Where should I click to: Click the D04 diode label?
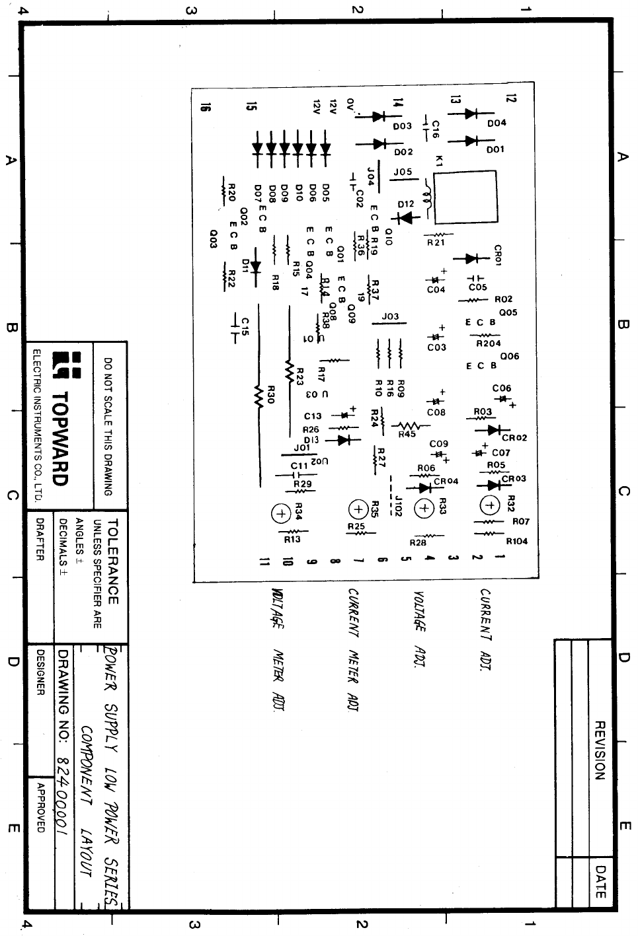click(x=497, y=123)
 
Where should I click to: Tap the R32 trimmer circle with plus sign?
click(x=490, y=505)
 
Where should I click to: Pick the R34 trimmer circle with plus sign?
click(x=281, y=513)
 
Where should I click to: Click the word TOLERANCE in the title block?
click(x=112, y=561)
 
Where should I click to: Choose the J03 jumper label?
click(x=390, y=316)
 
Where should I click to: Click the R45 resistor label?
click(x=407, y=435)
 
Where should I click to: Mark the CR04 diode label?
click(x=446, y=482)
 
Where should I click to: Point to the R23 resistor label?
click(x=299, y=377)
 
